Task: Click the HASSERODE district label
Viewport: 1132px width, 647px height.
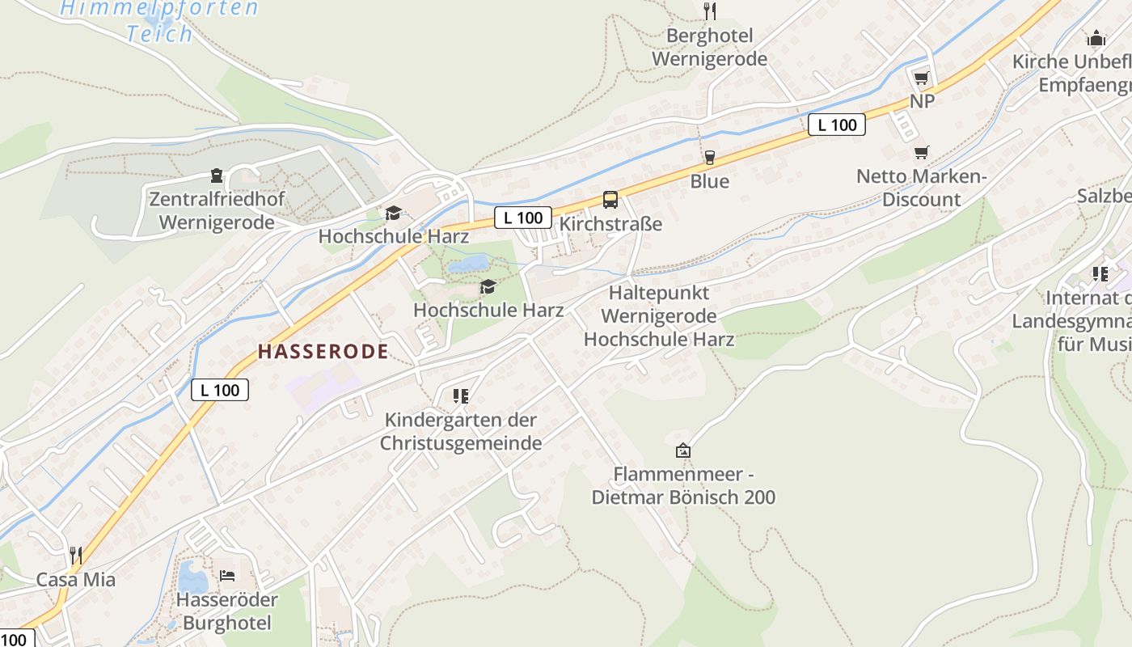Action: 323,351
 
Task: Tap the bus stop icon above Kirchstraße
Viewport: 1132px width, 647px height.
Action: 610,200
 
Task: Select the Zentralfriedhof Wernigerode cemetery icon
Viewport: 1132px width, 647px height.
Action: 217,175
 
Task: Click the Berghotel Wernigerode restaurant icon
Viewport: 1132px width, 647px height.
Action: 710,11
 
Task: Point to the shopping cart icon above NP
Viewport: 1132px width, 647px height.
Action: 921,78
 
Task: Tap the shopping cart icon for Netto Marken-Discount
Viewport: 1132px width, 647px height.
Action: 921,153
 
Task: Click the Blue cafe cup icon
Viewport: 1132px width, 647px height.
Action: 710,158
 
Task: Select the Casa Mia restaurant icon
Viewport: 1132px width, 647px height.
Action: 75,556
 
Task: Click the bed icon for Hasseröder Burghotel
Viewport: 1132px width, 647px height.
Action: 227,576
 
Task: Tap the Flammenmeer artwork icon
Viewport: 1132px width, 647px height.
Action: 683,450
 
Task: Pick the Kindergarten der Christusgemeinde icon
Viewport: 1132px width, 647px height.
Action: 461,396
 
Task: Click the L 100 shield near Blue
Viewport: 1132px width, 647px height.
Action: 837,125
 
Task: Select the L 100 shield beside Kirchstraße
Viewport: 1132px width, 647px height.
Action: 523,218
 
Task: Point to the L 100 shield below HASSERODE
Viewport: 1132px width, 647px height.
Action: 220,390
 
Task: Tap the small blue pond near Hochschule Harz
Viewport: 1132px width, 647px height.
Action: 469,264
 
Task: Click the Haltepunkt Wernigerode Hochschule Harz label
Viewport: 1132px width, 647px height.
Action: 658,315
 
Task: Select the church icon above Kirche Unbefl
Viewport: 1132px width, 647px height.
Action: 1096,38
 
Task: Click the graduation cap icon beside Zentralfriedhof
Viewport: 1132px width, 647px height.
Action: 393,213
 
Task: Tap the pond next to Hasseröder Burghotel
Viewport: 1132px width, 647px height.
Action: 192,577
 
